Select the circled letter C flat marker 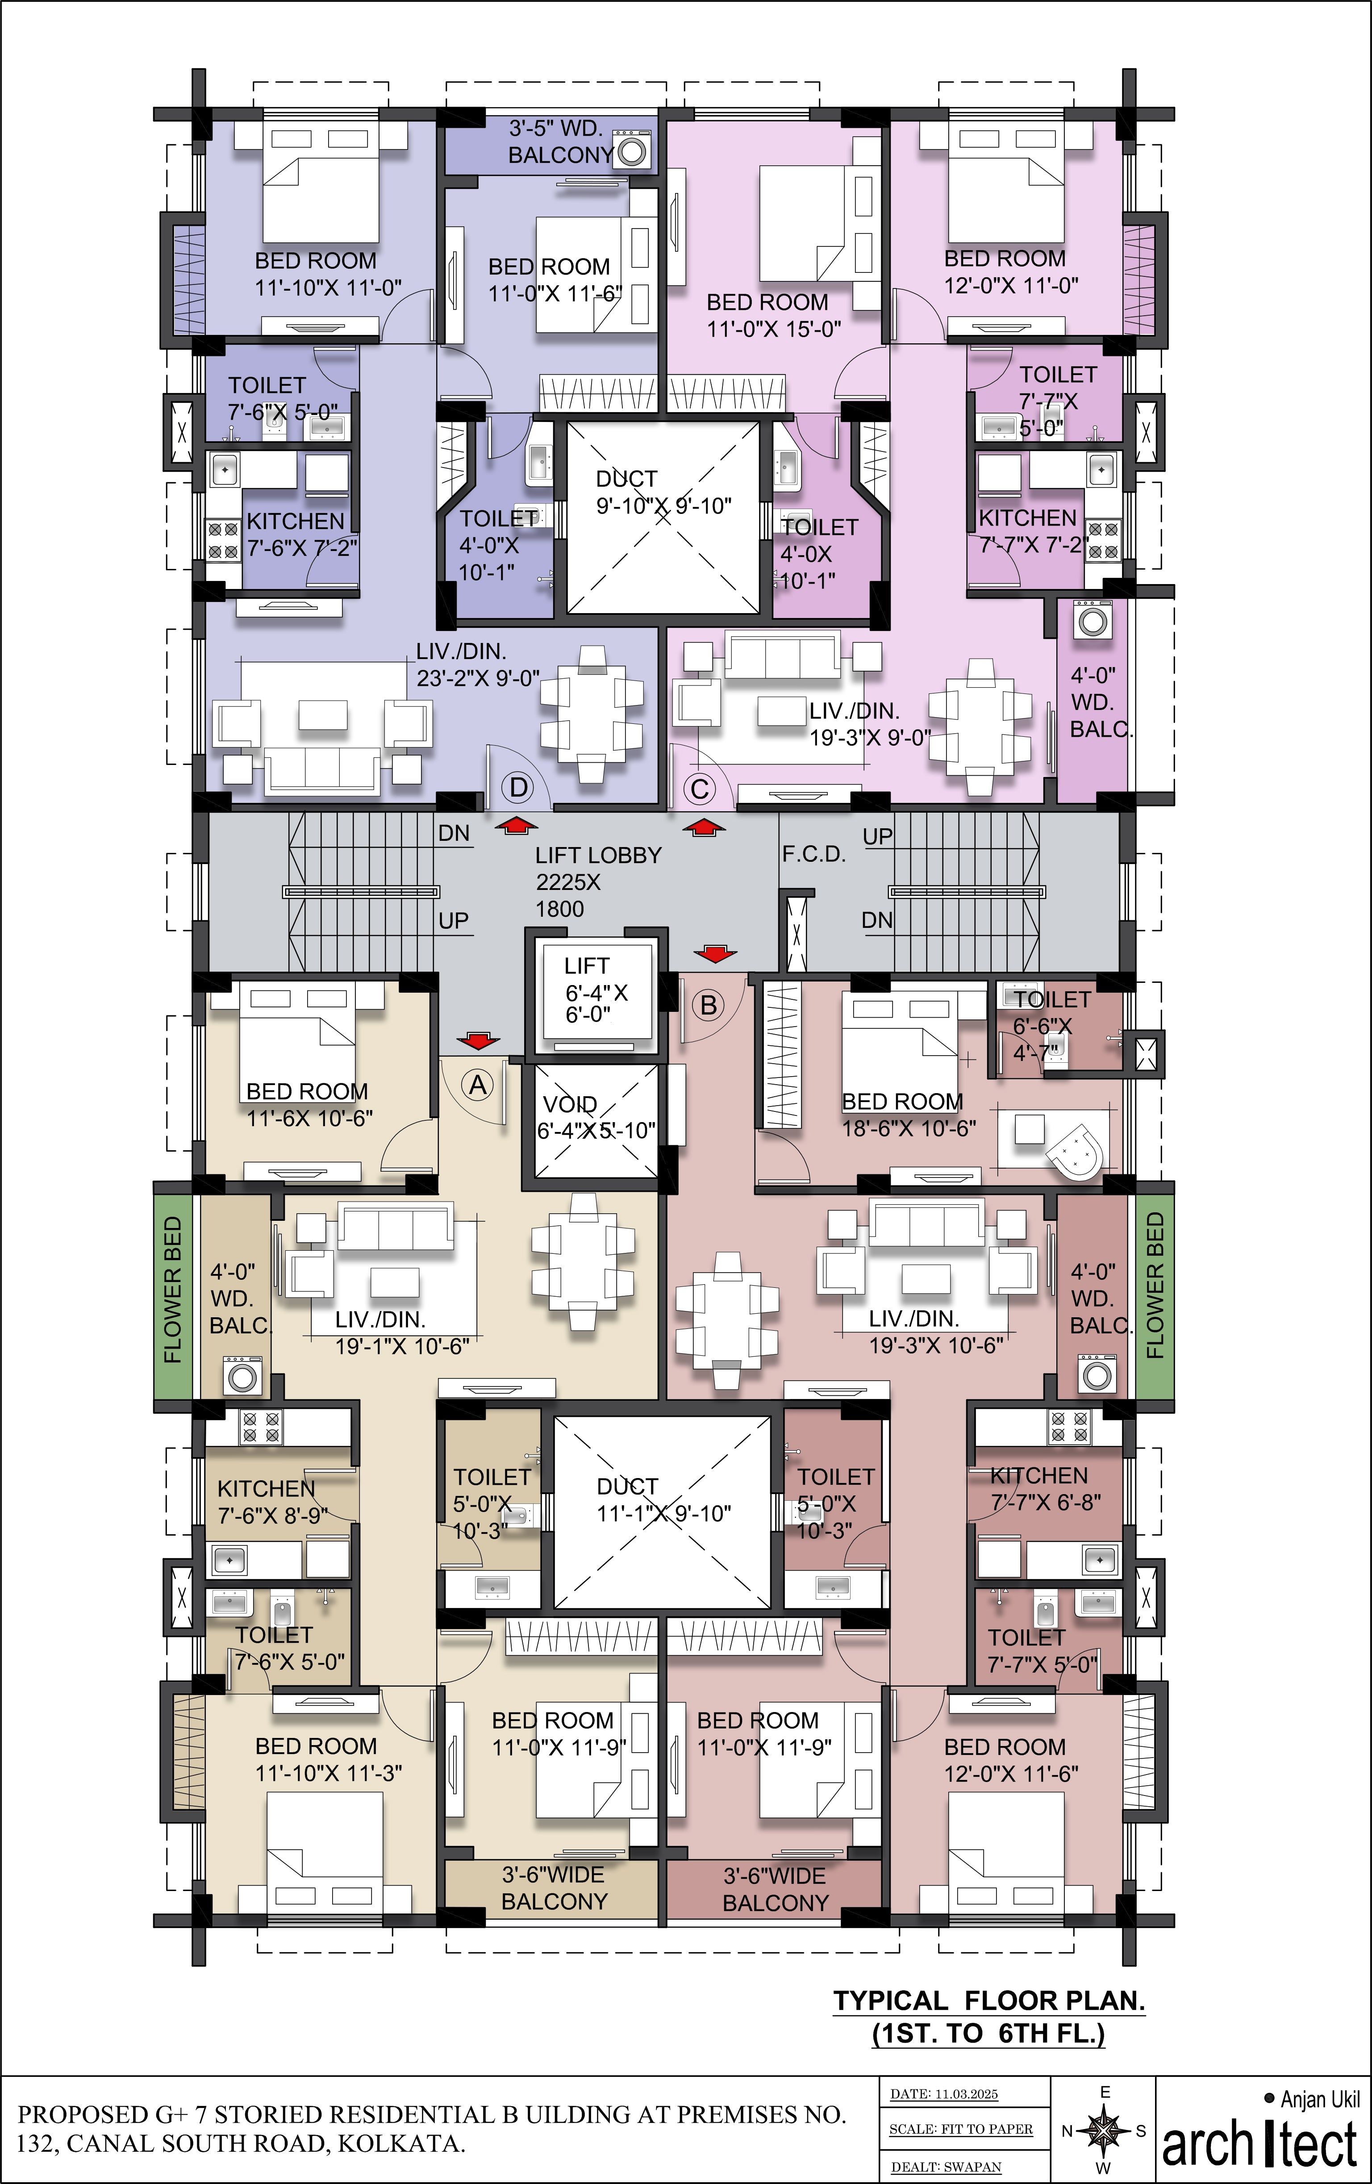[x=699, y=789]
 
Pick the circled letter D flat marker [x=519, y=787]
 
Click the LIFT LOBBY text [x=597, y=855]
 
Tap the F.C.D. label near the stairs [x=813, y=854]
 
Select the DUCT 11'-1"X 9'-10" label [x=663, y=1500]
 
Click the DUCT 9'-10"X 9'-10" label [x=663, y=493]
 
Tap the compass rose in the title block [x=1104, y=2130]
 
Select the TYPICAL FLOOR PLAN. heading [x=988, y=2001]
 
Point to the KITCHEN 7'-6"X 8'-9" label [x=272, y=1502]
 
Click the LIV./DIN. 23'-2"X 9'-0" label [x=477, y=665]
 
